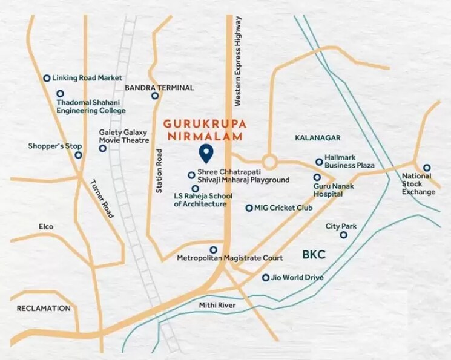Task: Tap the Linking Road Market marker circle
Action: click(x=46, y=78)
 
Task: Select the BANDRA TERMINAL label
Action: click(x=159, y=88)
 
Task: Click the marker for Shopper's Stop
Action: click(x=78, y=155)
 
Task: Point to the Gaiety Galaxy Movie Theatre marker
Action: click(x=102, y=148)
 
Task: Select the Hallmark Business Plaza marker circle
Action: click(x=319, y=162)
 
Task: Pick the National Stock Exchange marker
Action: click(x=426, y=168)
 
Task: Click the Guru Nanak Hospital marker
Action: click(x=317, y=177)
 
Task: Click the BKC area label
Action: click(x=314, y=255)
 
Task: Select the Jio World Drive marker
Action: click(x=265, y=278)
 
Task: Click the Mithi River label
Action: click(x=217, y=306)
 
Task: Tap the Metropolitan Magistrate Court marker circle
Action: click(x=212, y=249)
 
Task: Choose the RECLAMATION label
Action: click(x=44, y=309)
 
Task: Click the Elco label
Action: click(x=45, y=226)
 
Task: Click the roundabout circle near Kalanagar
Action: click(x=269, y=162)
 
